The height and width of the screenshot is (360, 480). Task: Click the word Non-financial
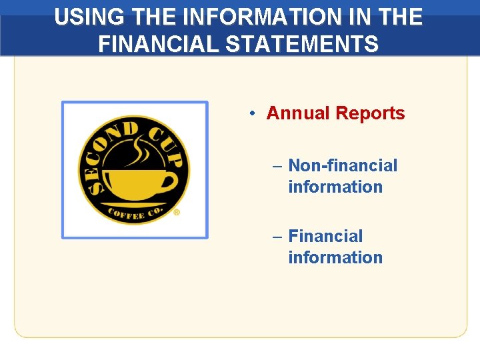click(x=343, y=165)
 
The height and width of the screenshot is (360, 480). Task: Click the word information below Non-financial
click(x=335, y=187)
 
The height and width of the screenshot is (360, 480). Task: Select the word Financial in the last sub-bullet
click(x=325, y=236)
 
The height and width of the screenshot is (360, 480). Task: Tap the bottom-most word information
click(x=335, y=257)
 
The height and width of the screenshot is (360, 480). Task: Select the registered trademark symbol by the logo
click(x=177, y=213)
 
